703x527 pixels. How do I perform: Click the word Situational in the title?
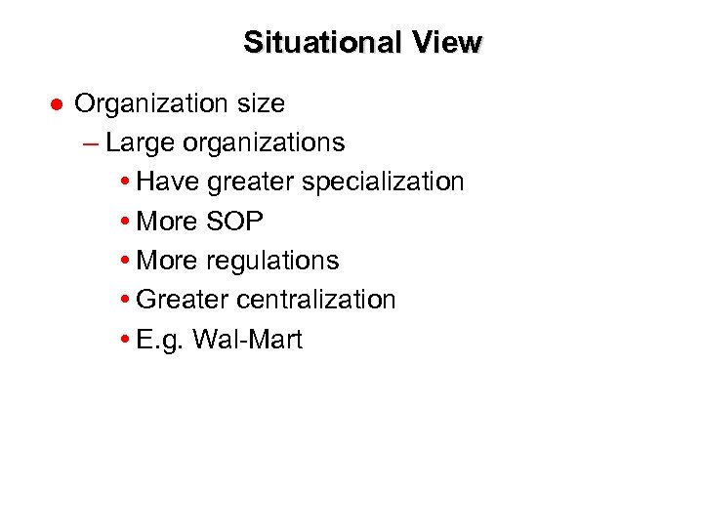pyautogui.click(x=311, y=43)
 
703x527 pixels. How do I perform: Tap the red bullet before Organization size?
pyautogui.click(x=57, y=103)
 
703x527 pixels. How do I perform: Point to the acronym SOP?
pyautogui.click(x=234, y=222)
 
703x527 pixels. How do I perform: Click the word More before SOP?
pyautogui.click(x=168, y=222)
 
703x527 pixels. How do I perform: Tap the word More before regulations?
pyautogui.click(x=168, y=261)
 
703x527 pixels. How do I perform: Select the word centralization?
pyautogui.click(x=316, y=300)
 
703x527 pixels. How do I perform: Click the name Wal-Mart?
pyautogui.click(x=248, y=340)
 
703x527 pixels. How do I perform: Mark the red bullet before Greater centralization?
pyautogui.click(x=129, y=300)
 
